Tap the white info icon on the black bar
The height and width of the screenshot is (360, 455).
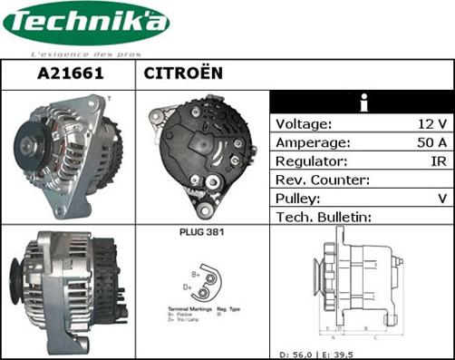[363, 102]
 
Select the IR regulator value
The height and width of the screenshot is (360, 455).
[437, 161]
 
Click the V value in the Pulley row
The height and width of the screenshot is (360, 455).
[441, 198]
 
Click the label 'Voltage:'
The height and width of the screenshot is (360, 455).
[304, 124]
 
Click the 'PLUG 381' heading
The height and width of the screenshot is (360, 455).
[203, 233]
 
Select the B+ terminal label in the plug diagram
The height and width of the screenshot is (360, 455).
[194, 271]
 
